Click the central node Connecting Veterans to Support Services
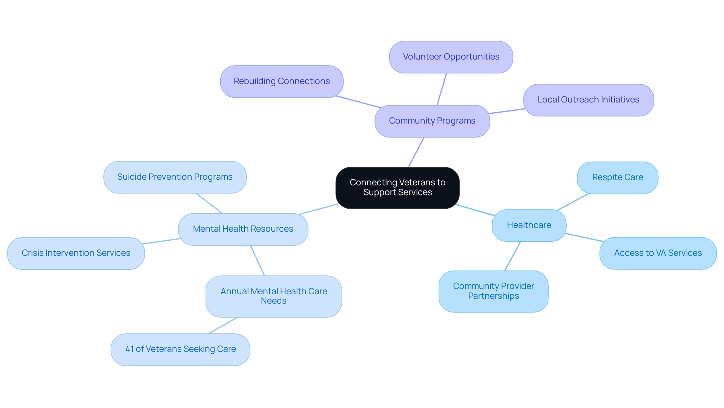click(397, 188)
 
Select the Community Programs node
click(432, 121)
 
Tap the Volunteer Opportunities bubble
click(451, 57)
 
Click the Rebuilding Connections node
click(282, 81)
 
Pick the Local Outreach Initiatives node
click(588, 100)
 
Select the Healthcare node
click(529, 225)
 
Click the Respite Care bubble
click(617, 177)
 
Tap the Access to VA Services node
click(658, 253)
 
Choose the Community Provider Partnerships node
click(493, 291)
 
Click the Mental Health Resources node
click(243, 229)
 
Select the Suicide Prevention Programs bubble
click(175, 177)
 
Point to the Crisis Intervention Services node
click(76, 253)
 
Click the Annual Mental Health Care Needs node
click(273, 296)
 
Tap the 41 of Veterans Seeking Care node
click(180, 349)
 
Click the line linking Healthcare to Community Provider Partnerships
click(512, 256)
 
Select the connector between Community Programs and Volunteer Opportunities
click(442, 89)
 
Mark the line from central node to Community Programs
click(416, 152)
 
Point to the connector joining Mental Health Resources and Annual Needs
click(258, 261)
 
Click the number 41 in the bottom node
click(129, 349)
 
